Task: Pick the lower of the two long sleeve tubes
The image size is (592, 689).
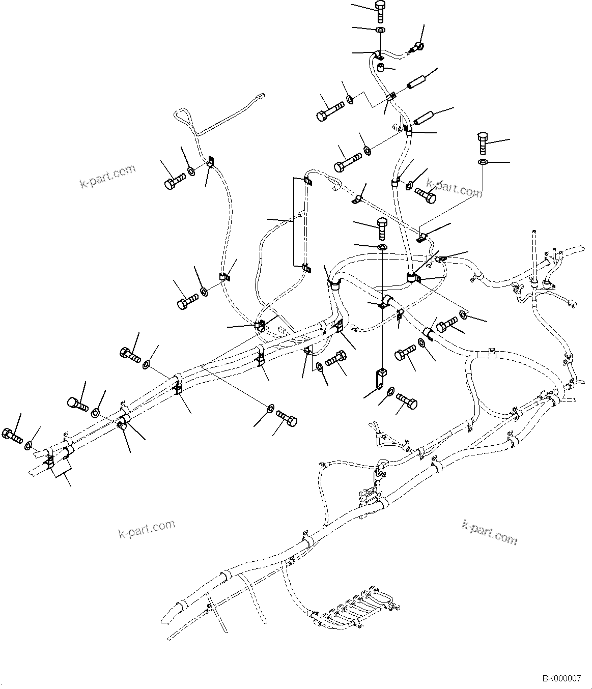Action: pos(423,117)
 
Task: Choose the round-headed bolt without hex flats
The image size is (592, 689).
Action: pos(77,405)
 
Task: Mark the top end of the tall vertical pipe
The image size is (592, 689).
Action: pos(534,231)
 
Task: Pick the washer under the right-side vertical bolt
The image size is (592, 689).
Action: pos(483,162)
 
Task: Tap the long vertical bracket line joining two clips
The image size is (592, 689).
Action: pos(294,222)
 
